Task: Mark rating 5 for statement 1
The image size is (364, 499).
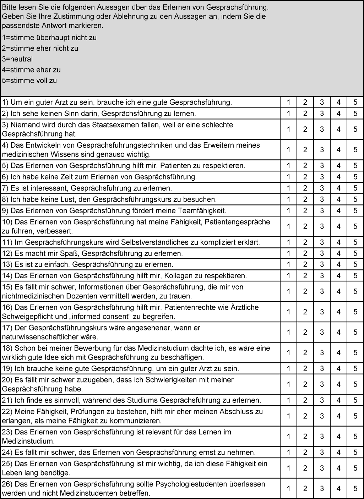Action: (355, 102)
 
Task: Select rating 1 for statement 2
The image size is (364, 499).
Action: (288, 114)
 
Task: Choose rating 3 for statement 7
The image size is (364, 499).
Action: (322, 188)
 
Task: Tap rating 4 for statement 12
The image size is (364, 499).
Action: (338, 253)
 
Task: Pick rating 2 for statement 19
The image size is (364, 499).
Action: (305, 368)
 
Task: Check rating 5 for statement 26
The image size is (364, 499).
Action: (355, 488)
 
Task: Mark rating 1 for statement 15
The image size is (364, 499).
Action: (288, 291)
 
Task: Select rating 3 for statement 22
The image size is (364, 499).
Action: (322, 416)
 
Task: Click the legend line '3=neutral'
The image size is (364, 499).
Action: (17, 59)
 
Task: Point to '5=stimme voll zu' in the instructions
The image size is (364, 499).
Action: (29, 80)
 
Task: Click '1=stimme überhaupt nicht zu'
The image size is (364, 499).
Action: (49, 38)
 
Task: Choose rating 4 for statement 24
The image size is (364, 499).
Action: (338, 453)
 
